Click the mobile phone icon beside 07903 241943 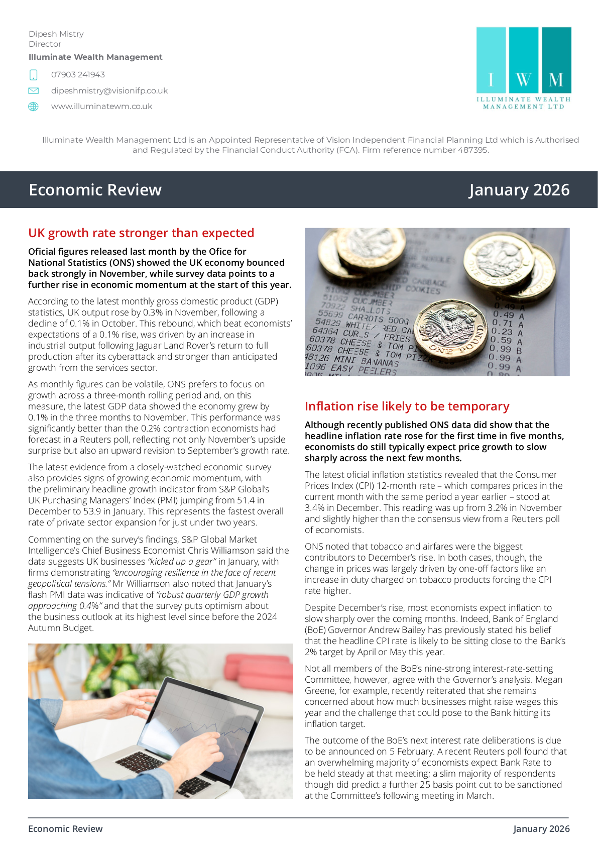33,75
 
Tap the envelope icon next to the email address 33,91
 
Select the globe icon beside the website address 33,107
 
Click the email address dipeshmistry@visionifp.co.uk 109,91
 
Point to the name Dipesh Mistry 56,34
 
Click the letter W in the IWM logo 523,80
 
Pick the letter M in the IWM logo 556,80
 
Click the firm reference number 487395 472,150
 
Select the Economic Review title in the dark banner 95,190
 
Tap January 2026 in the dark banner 519,190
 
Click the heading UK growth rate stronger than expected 141,233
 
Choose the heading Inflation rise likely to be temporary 407,406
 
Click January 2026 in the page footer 541,829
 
